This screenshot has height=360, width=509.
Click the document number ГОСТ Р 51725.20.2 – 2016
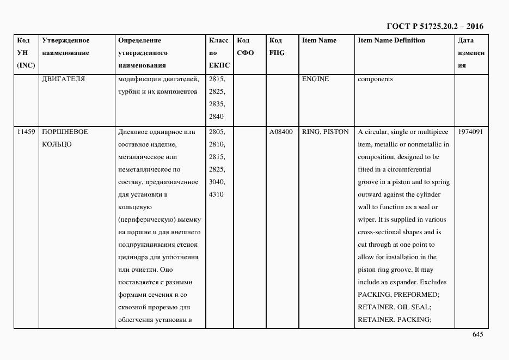(x=434, y=26)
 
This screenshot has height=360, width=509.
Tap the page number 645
(x=478, y=334)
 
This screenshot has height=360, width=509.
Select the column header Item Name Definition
(x=391, y=41)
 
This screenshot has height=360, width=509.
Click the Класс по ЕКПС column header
(x=219, y=53)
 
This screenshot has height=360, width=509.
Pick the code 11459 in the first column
(x=26, y=132)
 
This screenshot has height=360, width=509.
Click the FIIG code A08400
(x=281, y=132)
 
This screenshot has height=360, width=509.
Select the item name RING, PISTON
(x=325, y=132)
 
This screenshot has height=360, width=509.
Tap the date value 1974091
(x=470, y=132)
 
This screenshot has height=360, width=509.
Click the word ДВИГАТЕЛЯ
(x=63, y=79)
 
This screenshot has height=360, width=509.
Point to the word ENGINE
(x=315, y=79)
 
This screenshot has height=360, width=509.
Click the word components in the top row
(x=375, y=79)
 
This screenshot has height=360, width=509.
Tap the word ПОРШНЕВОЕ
(x=65, y=132)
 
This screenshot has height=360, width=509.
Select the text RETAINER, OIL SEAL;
(x=394, y=307)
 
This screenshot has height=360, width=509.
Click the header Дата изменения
(x=470, y=53)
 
